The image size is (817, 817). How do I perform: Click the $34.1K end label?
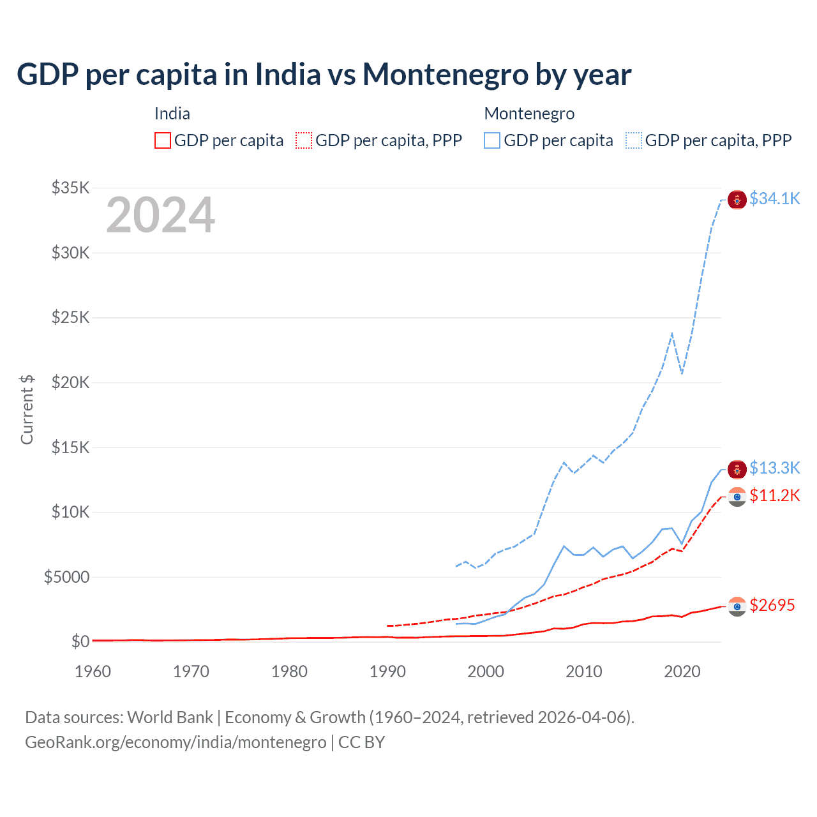point(774,199)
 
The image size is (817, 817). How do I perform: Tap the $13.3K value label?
point(774,468)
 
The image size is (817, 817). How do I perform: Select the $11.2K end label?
point(774,495)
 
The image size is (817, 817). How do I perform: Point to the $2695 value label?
point(772,605)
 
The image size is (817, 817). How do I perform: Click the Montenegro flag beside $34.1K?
point(737,199)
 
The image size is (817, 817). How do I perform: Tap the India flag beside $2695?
point(737,606)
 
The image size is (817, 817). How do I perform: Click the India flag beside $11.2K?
point(737,497)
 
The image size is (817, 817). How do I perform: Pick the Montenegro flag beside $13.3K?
point(737,469)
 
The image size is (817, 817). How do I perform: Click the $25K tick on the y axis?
point(70,317)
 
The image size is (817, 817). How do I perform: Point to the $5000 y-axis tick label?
point(66,577)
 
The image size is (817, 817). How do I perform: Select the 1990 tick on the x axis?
point(387,671)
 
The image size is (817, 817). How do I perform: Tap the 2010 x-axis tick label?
point(584,671)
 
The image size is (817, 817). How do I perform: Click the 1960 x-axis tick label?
point(93,671)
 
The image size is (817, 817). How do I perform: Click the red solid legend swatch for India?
point(163,140)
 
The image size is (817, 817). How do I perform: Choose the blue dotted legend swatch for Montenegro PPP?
point(634,140)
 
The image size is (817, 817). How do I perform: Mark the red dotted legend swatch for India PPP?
point(304,140)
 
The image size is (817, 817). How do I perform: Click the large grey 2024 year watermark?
point(160,215)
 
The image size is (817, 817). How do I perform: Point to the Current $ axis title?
point(27,410)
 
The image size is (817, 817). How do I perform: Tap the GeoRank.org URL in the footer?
point(176,742)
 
